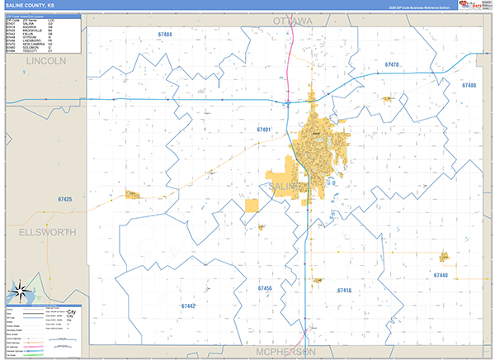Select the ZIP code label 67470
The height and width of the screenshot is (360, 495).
[x=392, y=64]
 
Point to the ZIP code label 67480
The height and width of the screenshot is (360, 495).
[x=469, y=85]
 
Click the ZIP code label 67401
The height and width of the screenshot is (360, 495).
[x=264, y=130]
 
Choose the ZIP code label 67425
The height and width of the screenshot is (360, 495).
[x=65, y=199]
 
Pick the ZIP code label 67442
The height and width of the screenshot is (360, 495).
[x=188, y=306]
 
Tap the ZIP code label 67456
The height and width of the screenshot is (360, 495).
[x=265, y=288]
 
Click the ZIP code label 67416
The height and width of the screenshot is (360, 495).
[x=344, y=291]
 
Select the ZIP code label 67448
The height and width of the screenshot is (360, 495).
[x=440, y=275]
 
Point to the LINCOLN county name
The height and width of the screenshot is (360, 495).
[x=45, y=62]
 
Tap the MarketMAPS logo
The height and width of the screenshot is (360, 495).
[x=474, y=6]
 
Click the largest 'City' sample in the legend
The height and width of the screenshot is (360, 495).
[x=71, y=312]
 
